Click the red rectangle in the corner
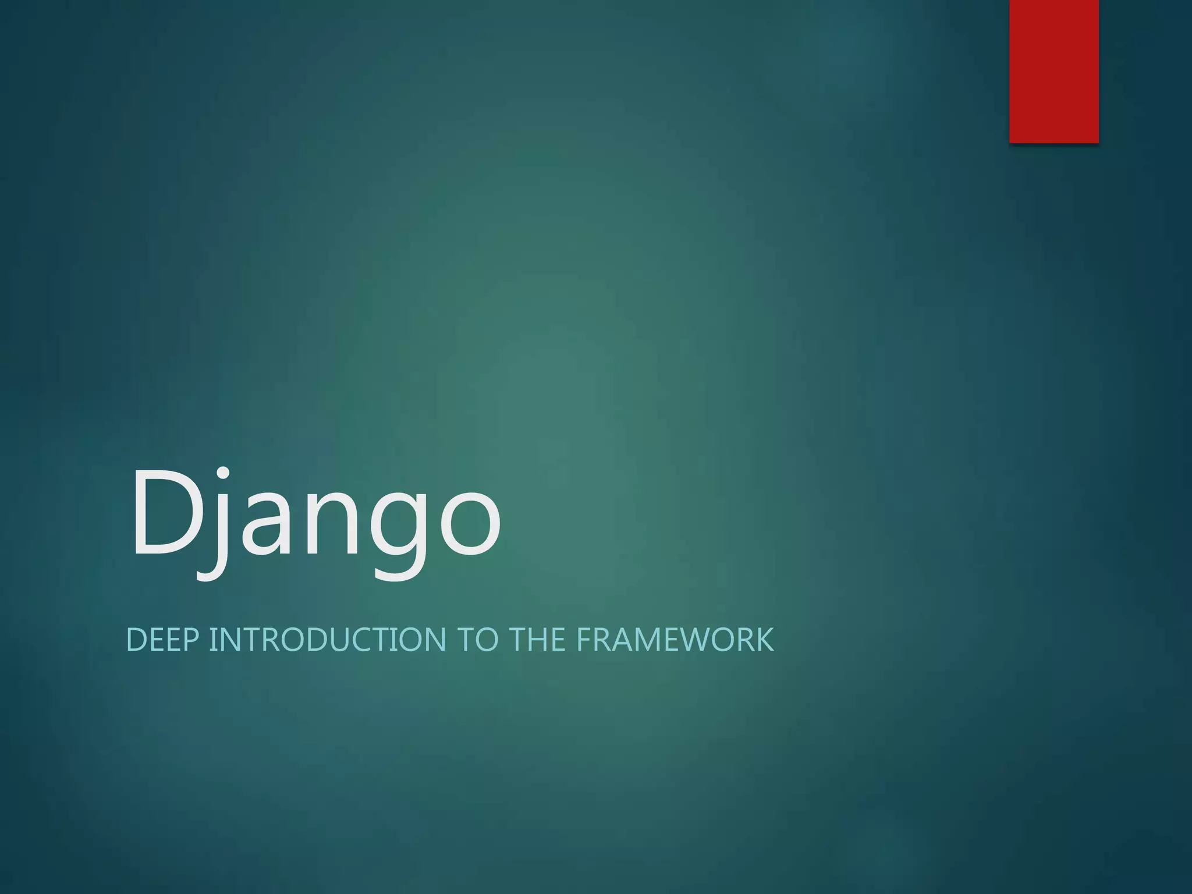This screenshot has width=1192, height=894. pos(1053,71)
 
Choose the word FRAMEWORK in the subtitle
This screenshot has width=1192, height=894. pos(675,640)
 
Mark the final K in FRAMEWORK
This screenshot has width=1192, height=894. pos(764,640)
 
